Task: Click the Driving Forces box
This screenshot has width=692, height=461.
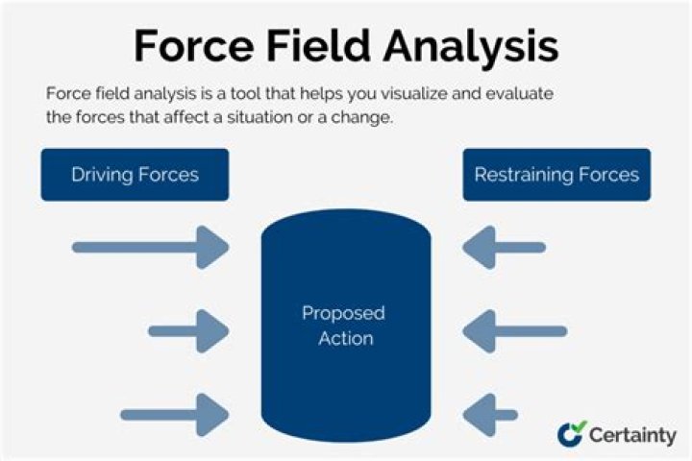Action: point(135,175)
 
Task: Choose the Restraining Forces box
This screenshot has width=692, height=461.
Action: point(556,175)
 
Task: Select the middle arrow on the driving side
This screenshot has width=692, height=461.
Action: point(187,332)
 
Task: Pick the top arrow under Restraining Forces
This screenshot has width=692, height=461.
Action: point(504,247)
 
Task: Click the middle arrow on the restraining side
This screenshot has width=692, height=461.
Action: point(514,332)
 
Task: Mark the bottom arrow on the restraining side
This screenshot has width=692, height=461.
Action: point(490,415)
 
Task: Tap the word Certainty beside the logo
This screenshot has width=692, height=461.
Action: point(633,434)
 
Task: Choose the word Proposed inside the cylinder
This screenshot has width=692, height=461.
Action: point(343,314)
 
